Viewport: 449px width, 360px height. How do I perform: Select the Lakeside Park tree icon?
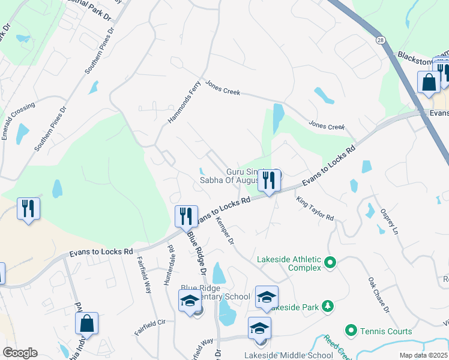point(327,307)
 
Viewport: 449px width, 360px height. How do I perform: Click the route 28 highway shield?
point(381,38)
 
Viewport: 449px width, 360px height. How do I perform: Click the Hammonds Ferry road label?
point(183,102)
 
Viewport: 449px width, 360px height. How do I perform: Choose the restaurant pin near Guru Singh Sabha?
point(269,180)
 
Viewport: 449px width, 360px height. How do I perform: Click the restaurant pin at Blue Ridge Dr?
point(186,215)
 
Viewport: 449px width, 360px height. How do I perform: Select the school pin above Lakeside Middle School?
point(259,328)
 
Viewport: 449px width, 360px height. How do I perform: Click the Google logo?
point(20,353)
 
